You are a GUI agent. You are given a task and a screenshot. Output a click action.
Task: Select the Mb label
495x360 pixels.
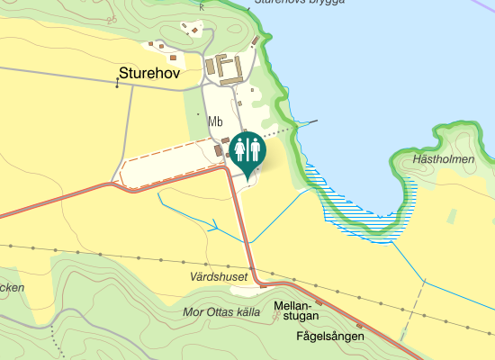[215, 121]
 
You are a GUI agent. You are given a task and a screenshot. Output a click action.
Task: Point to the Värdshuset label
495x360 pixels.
[219, 276]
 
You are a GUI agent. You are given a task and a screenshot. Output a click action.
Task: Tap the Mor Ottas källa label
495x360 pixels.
[220, 312]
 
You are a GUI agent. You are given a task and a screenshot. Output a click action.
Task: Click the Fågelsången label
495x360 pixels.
[329, 336]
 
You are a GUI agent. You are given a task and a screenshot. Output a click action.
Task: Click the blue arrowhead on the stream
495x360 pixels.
[214, 226]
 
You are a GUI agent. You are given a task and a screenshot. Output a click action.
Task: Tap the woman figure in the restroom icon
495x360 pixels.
[240, 148]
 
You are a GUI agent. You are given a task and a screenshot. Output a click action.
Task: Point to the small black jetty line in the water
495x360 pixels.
[310, 121]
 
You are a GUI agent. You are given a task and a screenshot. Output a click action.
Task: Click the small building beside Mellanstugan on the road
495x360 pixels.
[319, 302]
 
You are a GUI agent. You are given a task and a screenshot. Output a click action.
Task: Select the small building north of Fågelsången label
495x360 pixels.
[359, 325]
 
